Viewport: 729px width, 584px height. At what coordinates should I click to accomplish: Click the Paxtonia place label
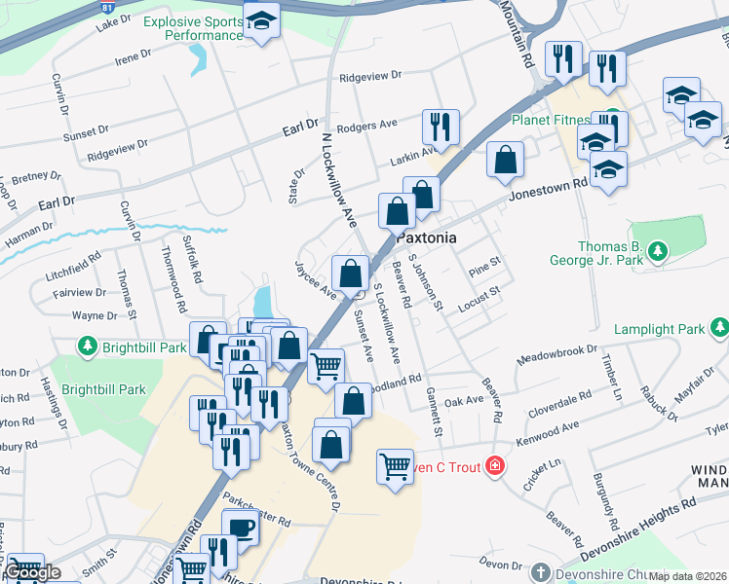[426, 237]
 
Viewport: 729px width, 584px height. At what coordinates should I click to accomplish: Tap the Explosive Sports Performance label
[192, 28]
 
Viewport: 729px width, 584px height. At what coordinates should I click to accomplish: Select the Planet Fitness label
[552, 121]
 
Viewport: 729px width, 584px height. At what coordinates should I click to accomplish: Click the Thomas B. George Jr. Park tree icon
[659, 253]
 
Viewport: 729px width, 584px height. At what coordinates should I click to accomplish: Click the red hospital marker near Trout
[496, 467]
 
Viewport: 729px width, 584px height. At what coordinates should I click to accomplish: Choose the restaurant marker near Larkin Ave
[441, 127]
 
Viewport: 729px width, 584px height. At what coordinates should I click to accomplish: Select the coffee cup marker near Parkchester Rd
[240, 529]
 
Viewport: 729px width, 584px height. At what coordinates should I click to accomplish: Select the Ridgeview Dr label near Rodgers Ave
[368, 76]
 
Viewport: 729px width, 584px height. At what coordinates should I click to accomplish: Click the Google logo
[31, 572]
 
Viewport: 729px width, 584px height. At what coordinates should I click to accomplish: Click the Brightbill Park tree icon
[88, 347]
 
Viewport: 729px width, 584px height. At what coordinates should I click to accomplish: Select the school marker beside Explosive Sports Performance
[261, 20]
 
